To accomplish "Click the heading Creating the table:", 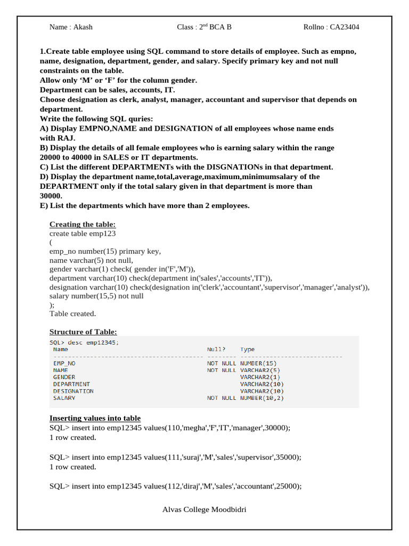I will pyautogui.click(x=83, y=224).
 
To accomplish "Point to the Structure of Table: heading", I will pyautogui.click(x=83, y=332).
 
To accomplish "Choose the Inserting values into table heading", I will pyautogui.click(x=95, y=418).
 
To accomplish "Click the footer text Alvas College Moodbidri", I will pyautogui.click(x=204, y=510).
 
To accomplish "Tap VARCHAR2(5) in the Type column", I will pyautogui.click(x=259, y=370).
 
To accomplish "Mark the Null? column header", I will pyautogui.click(x=216, y=350).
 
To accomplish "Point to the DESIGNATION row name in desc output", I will pyautogui.click(x=73, y=391).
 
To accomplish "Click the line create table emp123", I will pyautogui.click(x=83, y=234).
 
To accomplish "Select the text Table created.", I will pyautogui.click(x=72, y=314).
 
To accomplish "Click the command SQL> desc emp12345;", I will pyautogui.click(x=84, y=342).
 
